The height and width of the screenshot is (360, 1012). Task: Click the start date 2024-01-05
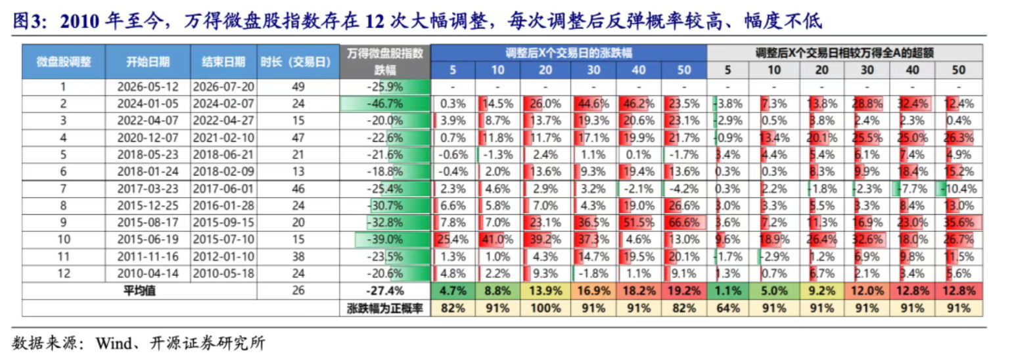148,104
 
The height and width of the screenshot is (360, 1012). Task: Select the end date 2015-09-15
223,223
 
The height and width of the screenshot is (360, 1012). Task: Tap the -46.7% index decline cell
385,104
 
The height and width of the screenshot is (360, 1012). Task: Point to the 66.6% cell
684,223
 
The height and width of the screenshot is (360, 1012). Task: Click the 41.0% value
497,239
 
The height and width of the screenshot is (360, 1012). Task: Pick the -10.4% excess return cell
959,189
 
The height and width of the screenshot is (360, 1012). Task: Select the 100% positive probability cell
545,308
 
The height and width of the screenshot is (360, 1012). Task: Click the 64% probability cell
728,308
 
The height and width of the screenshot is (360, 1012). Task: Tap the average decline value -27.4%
385,291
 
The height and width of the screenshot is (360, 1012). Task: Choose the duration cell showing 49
298,87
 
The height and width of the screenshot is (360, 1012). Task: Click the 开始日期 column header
148,62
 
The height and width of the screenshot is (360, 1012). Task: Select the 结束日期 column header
223,62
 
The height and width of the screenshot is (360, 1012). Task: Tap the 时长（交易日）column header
298,62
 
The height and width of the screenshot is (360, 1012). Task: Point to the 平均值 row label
139,290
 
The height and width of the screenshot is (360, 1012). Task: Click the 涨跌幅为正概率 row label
385,309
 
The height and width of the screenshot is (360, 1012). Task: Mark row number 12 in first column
64,274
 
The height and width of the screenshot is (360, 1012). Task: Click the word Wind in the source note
114,344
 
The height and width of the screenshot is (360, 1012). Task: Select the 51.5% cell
638,223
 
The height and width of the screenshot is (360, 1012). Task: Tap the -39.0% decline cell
385,239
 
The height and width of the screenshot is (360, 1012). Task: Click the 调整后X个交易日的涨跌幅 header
568,53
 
